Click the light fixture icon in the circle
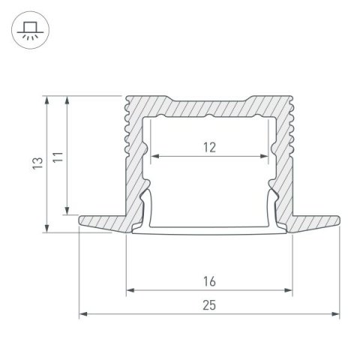click(x=31, y=31)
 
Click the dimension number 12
click(x=209, y=147)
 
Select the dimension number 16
click(x=209, y=281)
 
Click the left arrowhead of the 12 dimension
click(x=155, y=157)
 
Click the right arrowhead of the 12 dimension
click(x=265, y=157)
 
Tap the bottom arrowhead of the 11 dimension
click(x=68, y=211)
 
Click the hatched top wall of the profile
click(x=209, y=106)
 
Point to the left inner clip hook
click(x=146, y=206)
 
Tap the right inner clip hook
click(x=273, y=206)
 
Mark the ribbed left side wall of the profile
click(x=133, y=150)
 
